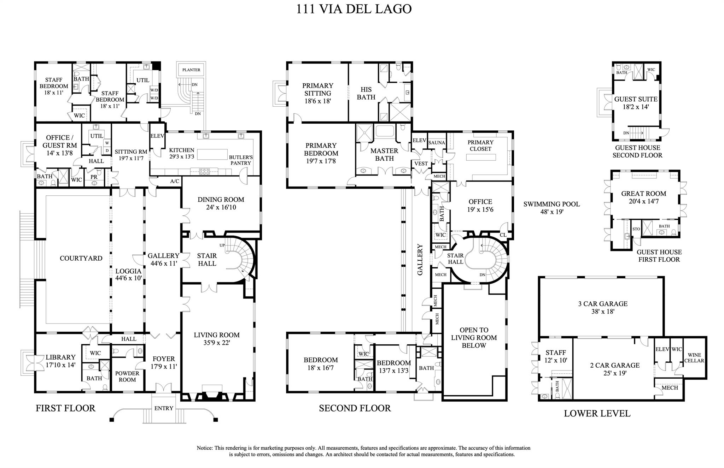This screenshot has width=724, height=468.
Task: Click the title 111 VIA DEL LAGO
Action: [x=354, y=9]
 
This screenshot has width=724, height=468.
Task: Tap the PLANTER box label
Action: [x=191, y=70]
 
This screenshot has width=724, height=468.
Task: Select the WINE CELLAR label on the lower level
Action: [x=694, y=358]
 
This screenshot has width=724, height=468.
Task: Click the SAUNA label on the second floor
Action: [x=436, y=143]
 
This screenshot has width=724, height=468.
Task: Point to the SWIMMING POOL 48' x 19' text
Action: [x=551, y=208]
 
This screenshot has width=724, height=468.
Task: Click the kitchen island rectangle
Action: [x=212, y=154]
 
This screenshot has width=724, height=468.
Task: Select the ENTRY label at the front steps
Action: [x=164, y=408]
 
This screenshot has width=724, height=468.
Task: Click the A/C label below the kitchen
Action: [x=175, y=181]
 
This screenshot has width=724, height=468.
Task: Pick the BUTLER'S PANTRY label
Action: [x=241, y=160]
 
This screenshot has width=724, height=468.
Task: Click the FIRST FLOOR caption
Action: [x=65, y=408]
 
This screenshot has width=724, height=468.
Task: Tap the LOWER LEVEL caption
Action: [x=597, y=413]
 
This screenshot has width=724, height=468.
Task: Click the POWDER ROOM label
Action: [x=127, y=377]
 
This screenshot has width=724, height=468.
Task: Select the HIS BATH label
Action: [x=366, y=93]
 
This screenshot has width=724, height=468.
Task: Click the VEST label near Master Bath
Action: [x=421, y=164]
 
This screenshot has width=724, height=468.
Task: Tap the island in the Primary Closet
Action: [x=480, y=158]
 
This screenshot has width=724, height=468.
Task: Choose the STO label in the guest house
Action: [x=636, y=229]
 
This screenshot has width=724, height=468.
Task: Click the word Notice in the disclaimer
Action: [x=205, y=448]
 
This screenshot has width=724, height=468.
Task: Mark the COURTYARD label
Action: [x=81, y=258]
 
